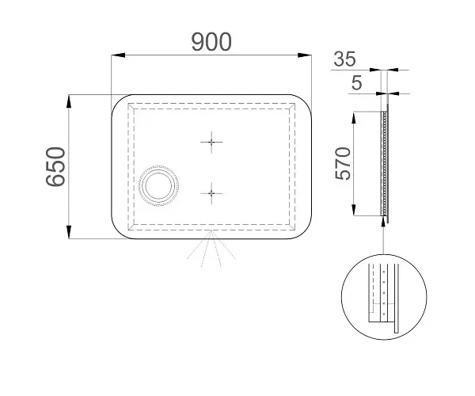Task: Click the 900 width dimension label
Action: pos(211,41)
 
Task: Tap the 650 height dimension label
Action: pos(55,166)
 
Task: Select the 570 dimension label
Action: pos(343,163)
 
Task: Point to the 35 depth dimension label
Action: pos(344,59)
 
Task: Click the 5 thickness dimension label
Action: pos(356,82)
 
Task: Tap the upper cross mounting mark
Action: pos(211,142)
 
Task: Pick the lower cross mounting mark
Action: pos(211,193)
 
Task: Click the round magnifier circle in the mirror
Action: pos(158,186)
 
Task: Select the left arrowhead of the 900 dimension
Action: pos(118,55)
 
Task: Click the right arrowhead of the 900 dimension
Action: pos(305,55)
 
